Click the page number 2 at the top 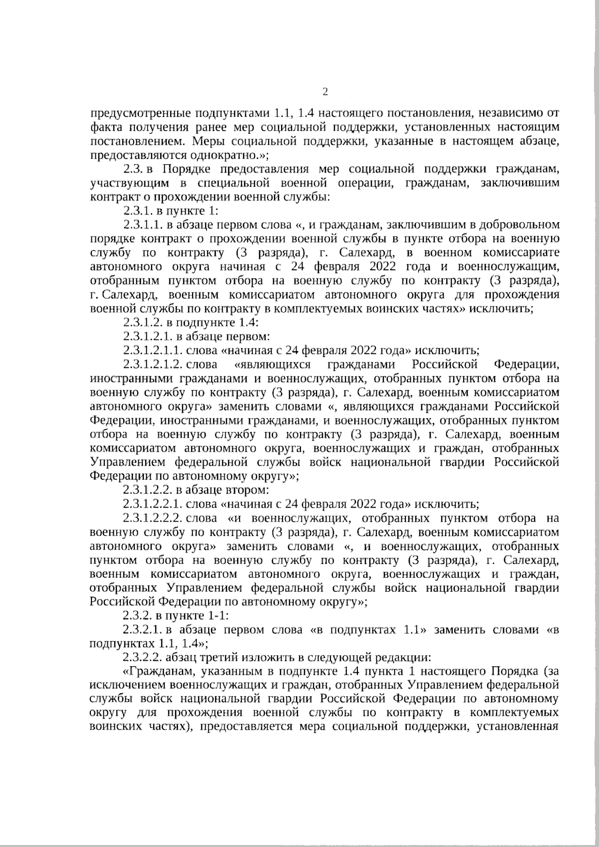pyautogui.click(x=325, y=91)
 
